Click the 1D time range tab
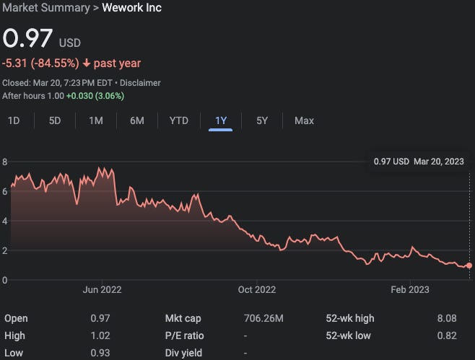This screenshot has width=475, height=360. [x=14, y=120]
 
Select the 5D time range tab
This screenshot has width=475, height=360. [x=55, y=120]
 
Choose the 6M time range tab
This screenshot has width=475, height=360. [x=137, y=120]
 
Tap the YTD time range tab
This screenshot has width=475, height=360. [x=178, y=120]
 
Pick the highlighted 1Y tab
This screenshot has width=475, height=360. [x=221, y=120]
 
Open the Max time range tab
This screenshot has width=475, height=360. [x=304, y=120]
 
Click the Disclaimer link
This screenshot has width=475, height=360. [x=140, y=83]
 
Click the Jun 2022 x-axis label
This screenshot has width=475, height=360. [x=102, y=290]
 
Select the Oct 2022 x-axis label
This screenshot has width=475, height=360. [x=256, y=290]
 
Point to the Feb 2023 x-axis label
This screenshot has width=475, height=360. [x=410, y=290]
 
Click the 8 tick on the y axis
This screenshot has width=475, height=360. [x=4, y=162]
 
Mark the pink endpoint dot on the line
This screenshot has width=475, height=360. [x=469, y=265]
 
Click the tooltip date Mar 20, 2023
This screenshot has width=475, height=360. [x=438, y=162]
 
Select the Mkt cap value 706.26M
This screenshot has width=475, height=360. [x=264, y=318]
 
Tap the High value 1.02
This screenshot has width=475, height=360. [x=101, y=335]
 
